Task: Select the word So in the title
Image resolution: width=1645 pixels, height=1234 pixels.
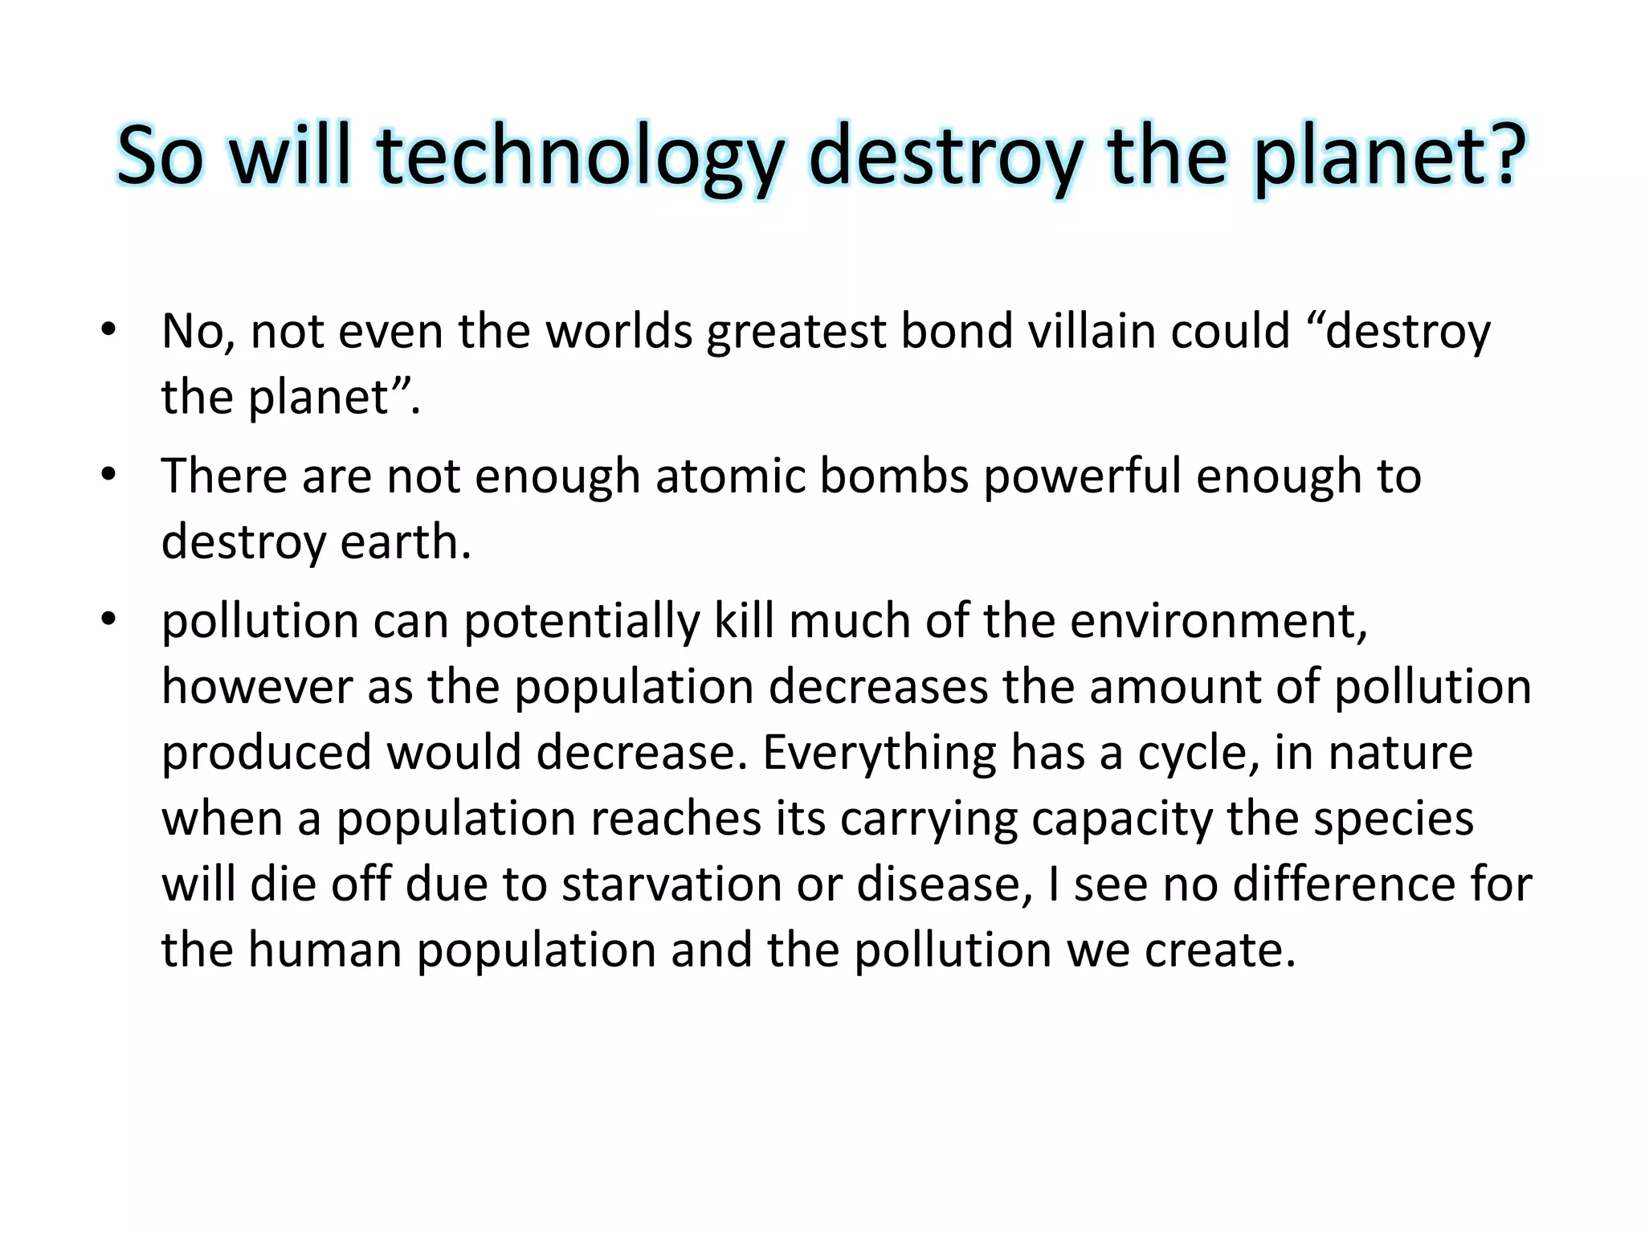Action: (160, 157)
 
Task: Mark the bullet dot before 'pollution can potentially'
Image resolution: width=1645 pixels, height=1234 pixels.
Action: (109, 619)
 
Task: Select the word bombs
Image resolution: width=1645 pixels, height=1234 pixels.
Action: (894, 476)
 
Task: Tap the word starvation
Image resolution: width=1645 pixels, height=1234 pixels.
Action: (671, 885)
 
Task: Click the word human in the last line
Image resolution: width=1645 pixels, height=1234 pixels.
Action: (325, 950)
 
